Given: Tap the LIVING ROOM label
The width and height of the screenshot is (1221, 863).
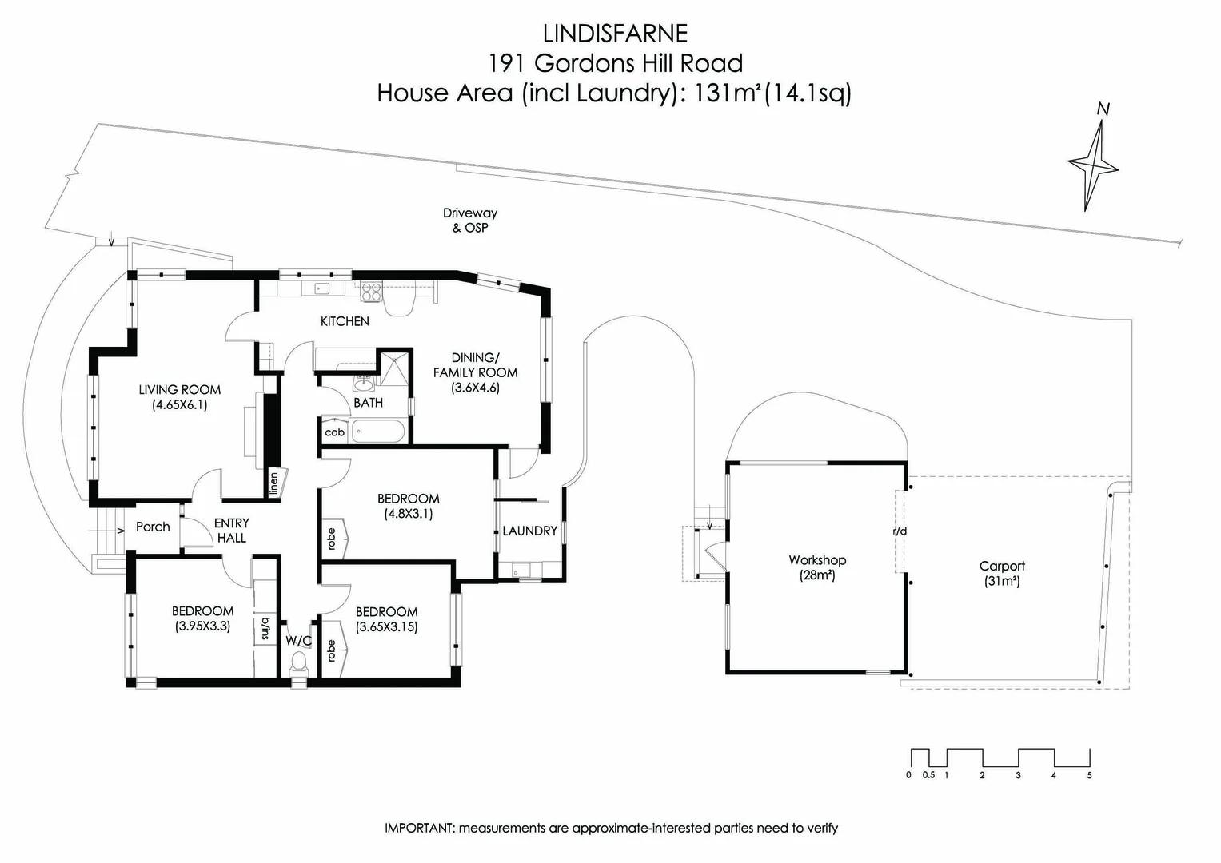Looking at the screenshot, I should tap(179, 390).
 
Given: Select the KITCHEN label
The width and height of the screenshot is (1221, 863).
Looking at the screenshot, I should tap(345, 321).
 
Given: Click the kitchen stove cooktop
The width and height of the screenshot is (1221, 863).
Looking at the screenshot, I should tap(371, 292).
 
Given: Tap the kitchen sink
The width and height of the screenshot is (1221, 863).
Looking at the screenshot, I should tap(322, 288).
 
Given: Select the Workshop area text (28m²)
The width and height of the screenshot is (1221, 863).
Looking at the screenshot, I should tap(816, 575).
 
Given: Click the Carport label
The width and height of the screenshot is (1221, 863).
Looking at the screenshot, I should tap(1002, 566).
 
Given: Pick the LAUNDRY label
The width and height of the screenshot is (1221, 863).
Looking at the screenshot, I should tap(529, 531).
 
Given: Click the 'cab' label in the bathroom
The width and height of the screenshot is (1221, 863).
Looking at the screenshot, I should tap(334, 432).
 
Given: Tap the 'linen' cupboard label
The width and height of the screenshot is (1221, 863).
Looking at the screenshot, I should tap(274, 483).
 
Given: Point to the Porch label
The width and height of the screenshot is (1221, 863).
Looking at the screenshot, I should tap(153, 527).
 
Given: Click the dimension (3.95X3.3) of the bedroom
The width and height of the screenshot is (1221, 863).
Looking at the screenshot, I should tap(202, 626).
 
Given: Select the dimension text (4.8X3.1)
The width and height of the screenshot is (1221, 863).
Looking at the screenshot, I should tap(408, 514).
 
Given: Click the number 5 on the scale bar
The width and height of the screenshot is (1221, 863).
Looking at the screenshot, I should tap(1089, 774).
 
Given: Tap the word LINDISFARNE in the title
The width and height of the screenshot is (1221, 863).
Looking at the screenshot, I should tap(614, 34).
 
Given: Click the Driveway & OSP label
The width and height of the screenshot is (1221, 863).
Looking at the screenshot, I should tap(470, 220).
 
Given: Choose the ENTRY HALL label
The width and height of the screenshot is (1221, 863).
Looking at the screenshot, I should tap(232, 530).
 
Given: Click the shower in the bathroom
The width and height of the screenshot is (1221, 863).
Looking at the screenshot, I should tap(393, 371).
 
